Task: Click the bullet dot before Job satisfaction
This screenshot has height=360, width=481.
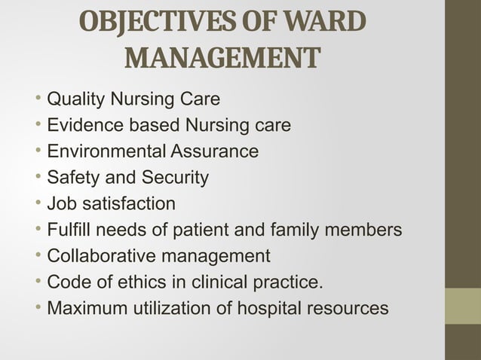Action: pyautogui.click(x=38, y=204)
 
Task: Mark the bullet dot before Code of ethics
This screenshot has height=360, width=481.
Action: pyautogui.click(x=38, y=282)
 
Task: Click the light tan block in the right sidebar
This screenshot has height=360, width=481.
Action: pyautogui.click(x=463, y=306)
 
